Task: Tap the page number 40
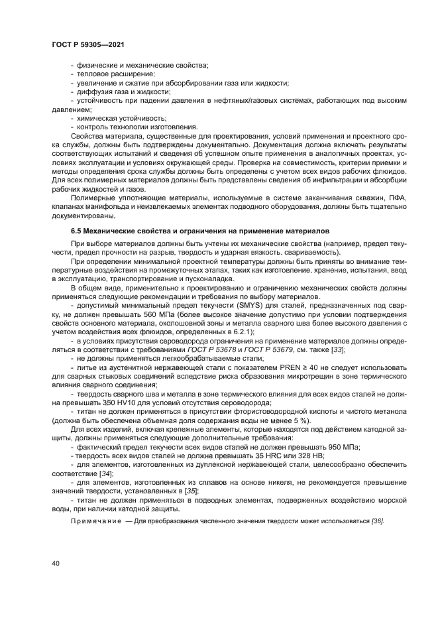click(55, 563)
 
